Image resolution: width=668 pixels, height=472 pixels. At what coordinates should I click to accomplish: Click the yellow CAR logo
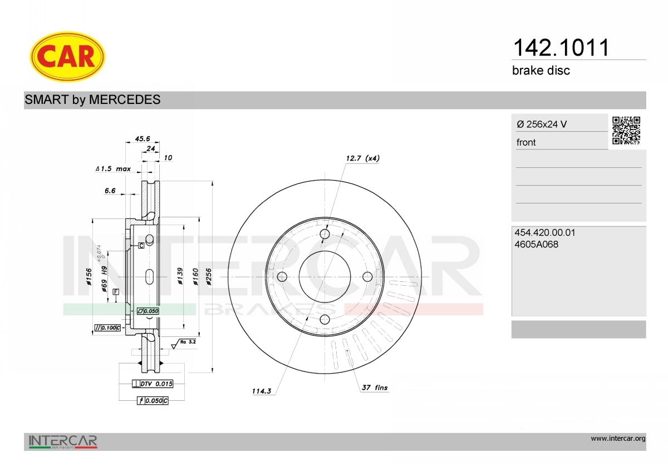(x=67, y=57)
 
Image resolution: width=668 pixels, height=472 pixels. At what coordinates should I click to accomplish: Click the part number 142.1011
(x=561, y=48)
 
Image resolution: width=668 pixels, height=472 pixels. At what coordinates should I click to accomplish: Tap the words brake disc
(x=541, y=71)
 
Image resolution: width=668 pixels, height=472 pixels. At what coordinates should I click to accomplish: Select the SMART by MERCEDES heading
(x=92, y=100)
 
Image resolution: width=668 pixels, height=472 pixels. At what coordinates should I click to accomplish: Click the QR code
(x=626, y=130)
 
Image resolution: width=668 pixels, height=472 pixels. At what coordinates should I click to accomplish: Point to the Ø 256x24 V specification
(x=542, y=124)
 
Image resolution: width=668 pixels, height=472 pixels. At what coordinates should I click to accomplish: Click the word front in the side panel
(x=525, y=142)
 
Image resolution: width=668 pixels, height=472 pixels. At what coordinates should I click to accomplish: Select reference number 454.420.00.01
(x=544, y=232)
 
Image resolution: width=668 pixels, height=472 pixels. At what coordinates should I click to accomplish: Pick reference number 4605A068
(x=536, y=244)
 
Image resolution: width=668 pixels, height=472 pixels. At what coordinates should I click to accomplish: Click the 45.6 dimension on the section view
(x=143, y=138)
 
